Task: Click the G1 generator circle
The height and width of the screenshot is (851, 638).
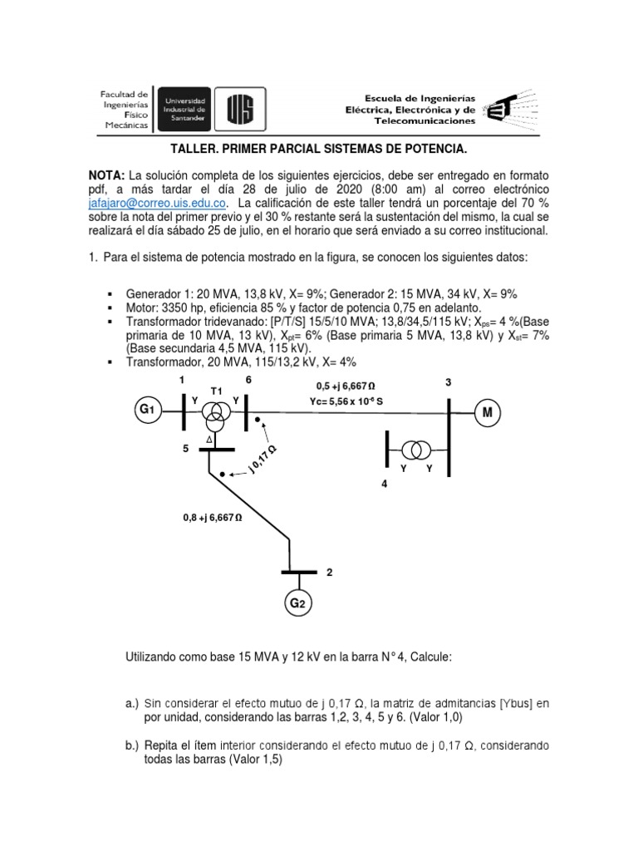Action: pyautogui.click(x=146, y=411)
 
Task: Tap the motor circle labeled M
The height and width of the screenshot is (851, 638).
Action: pyautogui.click(x=487, y=413)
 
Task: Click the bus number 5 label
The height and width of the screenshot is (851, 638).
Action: pyautogui.click(x=187, y=449)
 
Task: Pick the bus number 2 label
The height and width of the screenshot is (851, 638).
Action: pyautogui.click(x=330, y=573)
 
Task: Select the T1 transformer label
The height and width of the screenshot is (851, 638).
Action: pyautogui.click(x=216, y=390)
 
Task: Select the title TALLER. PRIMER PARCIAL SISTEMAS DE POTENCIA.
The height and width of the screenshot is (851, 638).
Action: pyautogui.click(x=319, y=150)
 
